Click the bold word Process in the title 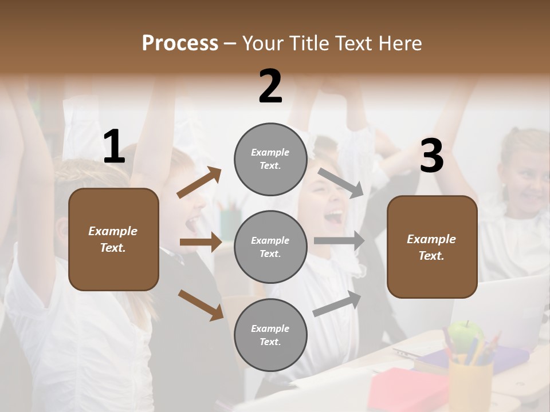[180, 43]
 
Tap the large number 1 [114, 147]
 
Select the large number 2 [270, 86]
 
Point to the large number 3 [431, 156]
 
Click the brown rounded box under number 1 [113, 239]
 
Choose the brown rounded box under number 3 [432, 247]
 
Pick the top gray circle [270, 159]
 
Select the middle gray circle [270, 247]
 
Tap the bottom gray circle [270, 335]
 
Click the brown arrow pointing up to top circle [199, 183]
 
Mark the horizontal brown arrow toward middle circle [201, 243]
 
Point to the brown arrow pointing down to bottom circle [201, 304]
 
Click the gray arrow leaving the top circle [341, 183]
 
